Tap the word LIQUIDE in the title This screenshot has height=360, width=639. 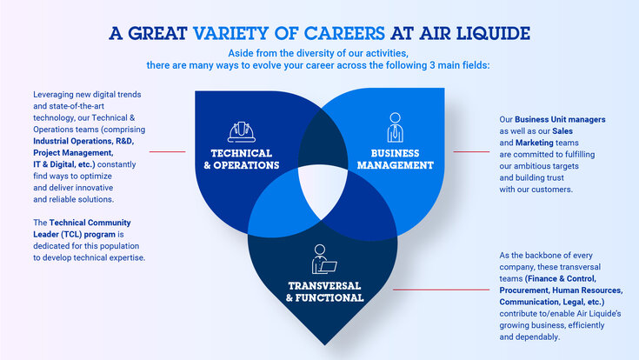[488, 34]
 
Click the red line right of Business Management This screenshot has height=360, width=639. [471, 151]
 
